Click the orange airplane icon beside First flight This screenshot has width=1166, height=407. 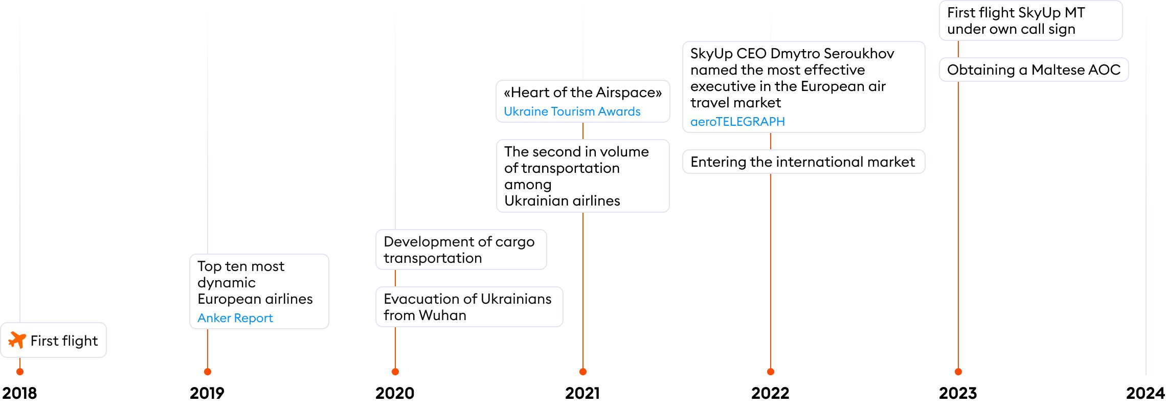[17, 340]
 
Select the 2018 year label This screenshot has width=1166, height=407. [19, 393]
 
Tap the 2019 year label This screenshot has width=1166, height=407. [207, 393]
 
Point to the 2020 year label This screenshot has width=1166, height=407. [395, 393]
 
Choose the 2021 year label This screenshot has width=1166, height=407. [582, 393]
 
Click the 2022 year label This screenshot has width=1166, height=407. [770, 393]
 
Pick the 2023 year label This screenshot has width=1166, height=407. [958, 393]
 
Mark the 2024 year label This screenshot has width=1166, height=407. [1145, 393]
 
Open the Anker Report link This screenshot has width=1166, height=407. [235, 318]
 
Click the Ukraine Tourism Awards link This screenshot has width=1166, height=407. [572, 111]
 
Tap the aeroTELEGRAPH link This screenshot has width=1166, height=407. [737, 122]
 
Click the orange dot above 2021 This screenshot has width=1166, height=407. [583, 372]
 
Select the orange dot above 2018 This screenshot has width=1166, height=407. [20, 372]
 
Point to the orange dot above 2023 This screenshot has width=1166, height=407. [958, 372]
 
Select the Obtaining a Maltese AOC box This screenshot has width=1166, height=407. [1034, 70]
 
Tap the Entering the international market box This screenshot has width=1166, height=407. [803, 162]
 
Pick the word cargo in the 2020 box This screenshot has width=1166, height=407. [514, 242]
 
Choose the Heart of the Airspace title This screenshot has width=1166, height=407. [582, 93]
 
